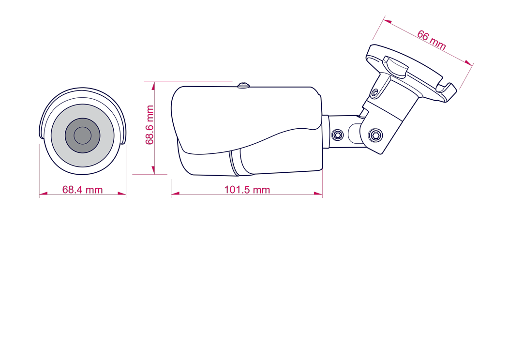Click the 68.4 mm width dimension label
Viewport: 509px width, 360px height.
82,190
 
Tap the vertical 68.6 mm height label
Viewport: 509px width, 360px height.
150,125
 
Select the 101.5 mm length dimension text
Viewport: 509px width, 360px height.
247,190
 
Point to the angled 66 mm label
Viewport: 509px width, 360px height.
431,39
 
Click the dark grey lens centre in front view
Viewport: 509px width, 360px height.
82,135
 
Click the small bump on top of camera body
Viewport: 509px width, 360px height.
243,86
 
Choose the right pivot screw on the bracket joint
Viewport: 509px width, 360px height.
375,135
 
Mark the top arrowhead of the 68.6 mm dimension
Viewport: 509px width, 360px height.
153,85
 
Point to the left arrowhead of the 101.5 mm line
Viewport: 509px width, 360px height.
175,194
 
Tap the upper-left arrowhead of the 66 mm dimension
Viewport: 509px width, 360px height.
387,22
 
